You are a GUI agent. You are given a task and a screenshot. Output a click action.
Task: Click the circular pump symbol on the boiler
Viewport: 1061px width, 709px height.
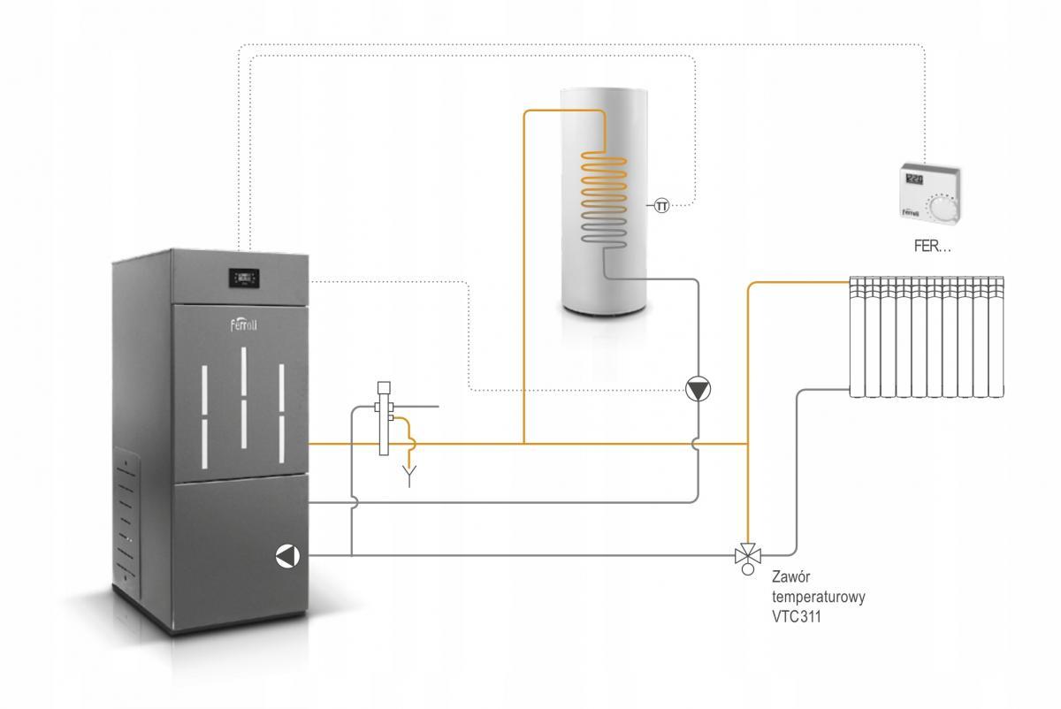(287, 555)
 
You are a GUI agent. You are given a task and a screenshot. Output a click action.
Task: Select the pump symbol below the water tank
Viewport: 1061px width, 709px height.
(698, 388)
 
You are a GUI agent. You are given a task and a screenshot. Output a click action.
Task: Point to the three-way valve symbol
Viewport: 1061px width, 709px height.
(747, 556)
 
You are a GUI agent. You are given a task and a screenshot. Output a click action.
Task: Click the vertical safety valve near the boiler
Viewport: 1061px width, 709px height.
(385, 417)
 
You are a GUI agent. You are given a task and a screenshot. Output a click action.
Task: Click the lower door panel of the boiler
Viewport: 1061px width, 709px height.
(243, 539)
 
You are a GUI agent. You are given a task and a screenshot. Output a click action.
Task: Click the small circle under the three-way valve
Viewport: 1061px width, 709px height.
(747, 570)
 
